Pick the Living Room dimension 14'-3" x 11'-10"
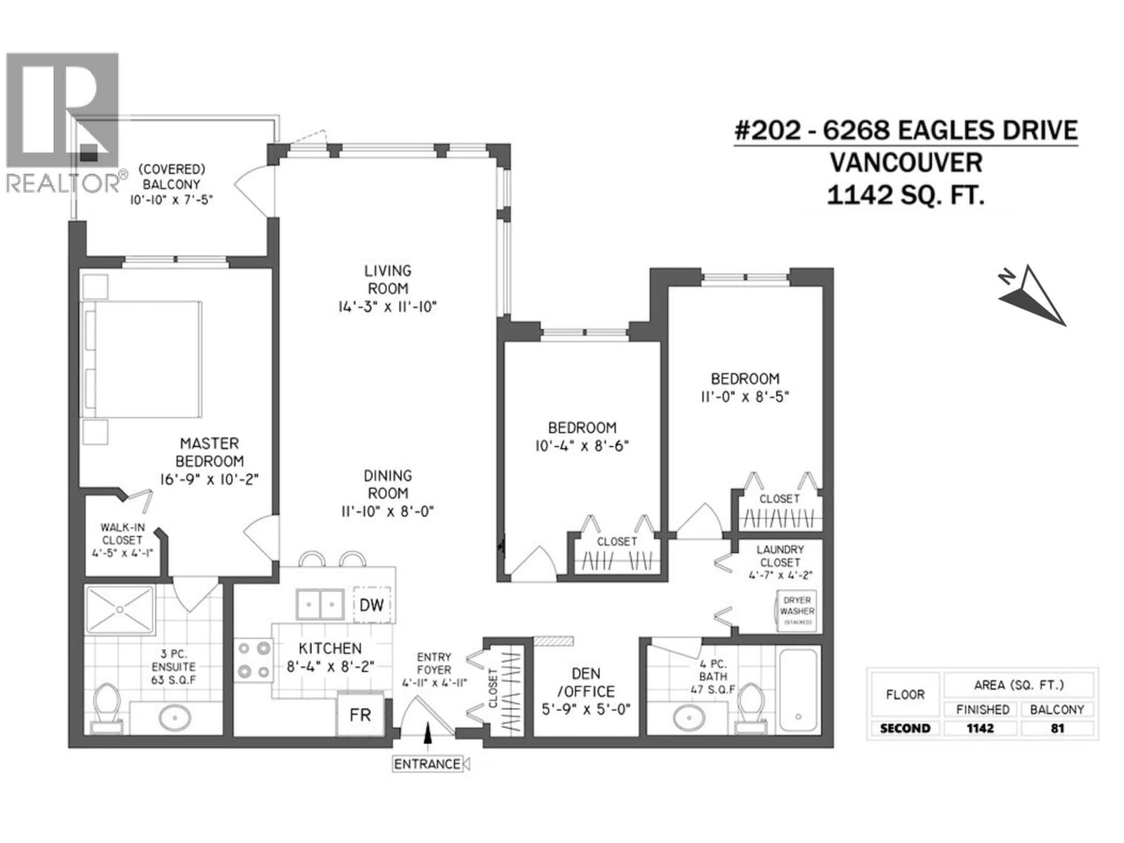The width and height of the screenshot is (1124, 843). point(388,307)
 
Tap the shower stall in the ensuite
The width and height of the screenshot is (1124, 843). point(120,609)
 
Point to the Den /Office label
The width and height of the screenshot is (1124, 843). point(586,682)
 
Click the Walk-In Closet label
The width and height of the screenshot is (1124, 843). point(122,534)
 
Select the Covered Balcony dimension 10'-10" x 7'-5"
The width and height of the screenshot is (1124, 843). point(171,200)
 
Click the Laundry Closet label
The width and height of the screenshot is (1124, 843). point(780,556)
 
